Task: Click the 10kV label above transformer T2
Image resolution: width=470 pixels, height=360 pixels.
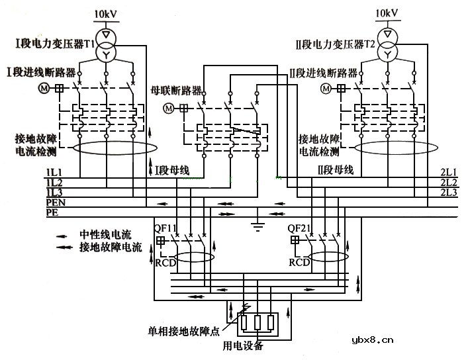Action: point(387,13)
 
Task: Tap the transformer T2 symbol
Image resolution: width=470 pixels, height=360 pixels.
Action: point(388,42)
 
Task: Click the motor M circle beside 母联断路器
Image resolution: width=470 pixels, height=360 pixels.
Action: point(168,108)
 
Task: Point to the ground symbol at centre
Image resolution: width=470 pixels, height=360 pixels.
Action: point(254,226)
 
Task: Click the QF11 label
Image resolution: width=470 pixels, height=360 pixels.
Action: point(165,228)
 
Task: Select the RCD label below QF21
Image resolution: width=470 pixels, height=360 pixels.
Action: point(299,262)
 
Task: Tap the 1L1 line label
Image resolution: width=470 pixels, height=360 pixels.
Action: point(54,172)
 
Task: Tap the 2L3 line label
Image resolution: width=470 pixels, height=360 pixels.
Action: point(448,192)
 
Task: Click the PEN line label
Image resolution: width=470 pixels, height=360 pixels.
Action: point(55,202)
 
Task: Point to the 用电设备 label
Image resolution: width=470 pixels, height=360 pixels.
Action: point(243,345)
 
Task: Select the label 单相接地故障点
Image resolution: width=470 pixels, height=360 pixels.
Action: point(184,330)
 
